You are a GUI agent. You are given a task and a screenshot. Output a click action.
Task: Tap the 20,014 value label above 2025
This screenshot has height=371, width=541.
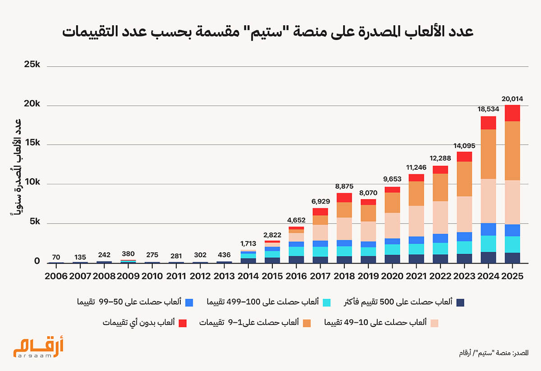(512, 99)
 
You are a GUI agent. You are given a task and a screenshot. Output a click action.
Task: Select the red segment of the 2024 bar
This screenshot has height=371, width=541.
(488, 123)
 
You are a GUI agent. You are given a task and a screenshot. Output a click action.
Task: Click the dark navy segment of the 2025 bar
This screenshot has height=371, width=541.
(512, 257)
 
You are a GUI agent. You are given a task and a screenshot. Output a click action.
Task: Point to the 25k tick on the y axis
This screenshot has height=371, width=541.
(32, 65)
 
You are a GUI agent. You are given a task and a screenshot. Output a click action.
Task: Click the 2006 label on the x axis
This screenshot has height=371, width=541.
(56, 276)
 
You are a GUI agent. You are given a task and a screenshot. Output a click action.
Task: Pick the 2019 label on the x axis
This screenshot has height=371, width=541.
(368, 276)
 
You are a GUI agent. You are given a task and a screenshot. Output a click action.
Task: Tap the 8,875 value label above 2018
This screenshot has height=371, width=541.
(344, 186)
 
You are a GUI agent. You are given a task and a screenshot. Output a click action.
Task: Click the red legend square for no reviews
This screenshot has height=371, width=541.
(183, 323)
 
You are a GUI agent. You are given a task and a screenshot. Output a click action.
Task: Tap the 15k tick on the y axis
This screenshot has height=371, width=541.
(32, 143)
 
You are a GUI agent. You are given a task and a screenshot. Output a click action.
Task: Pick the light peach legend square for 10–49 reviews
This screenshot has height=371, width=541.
(434, 323)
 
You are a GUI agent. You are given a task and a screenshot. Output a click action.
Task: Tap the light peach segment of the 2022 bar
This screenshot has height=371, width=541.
(440, 217)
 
